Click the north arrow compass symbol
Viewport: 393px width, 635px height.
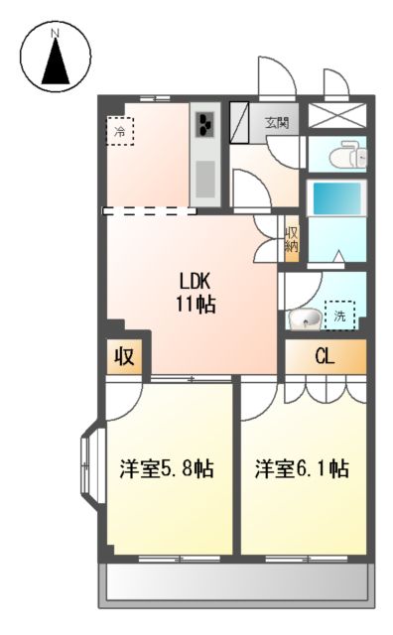(x=57, y=63)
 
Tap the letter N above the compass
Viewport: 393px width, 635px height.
(x=57, y=33)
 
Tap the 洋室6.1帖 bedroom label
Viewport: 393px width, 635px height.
(x=302, y=468)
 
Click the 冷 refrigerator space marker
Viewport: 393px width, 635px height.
(x=121, y=131)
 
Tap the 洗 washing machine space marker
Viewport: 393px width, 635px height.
(x=340, y=317)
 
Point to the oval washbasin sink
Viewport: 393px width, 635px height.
(x=305, y=319)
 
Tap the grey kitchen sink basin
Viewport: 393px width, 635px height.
(x=204, y=179)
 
